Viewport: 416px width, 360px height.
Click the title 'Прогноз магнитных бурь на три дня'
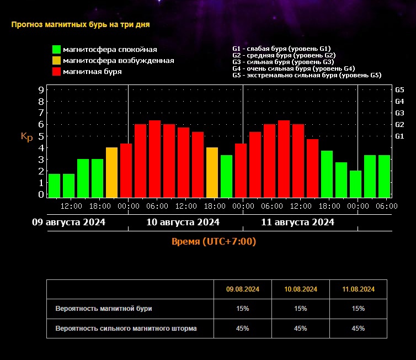81,24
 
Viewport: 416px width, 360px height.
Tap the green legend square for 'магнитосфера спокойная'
56,50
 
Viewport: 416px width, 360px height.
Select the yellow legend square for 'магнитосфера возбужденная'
56,61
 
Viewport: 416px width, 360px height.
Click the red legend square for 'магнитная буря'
56,72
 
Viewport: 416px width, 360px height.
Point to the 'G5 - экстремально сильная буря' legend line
307,75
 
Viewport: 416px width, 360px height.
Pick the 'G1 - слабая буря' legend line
281,49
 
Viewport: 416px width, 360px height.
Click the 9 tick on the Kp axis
41,89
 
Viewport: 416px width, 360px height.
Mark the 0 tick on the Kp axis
41,194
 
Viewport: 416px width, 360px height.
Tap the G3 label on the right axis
399,113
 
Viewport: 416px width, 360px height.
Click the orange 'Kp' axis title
26,137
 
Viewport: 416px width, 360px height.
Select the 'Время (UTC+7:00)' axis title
214,242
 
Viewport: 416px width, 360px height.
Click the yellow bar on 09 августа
112,172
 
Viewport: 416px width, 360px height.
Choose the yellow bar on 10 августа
212,172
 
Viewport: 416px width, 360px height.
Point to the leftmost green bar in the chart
54,186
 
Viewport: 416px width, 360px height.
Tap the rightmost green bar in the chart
385,176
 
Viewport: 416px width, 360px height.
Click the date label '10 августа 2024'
183,223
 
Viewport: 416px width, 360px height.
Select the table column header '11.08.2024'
358,289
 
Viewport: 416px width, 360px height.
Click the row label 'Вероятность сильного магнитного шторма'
126,329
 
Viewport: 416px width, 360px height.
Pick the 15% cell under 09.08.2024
243,309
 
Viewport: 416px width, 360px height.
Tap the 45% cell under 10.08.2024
301,329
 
